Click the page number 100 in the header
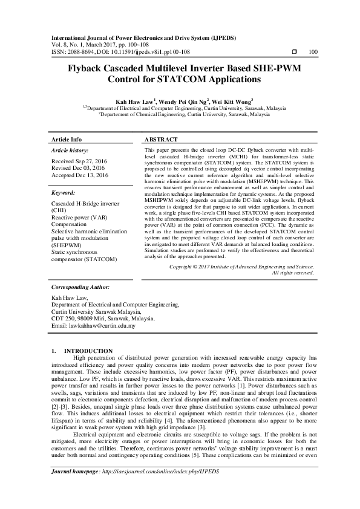313,52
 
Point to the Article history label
70,150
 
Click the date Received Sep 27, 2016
80,161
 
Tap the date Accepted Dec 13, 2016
80,175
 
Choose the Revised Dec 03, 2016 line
78,169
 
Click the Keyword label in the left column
64,193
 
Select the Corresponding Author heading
79,288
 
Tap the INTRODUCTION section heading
88,351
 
